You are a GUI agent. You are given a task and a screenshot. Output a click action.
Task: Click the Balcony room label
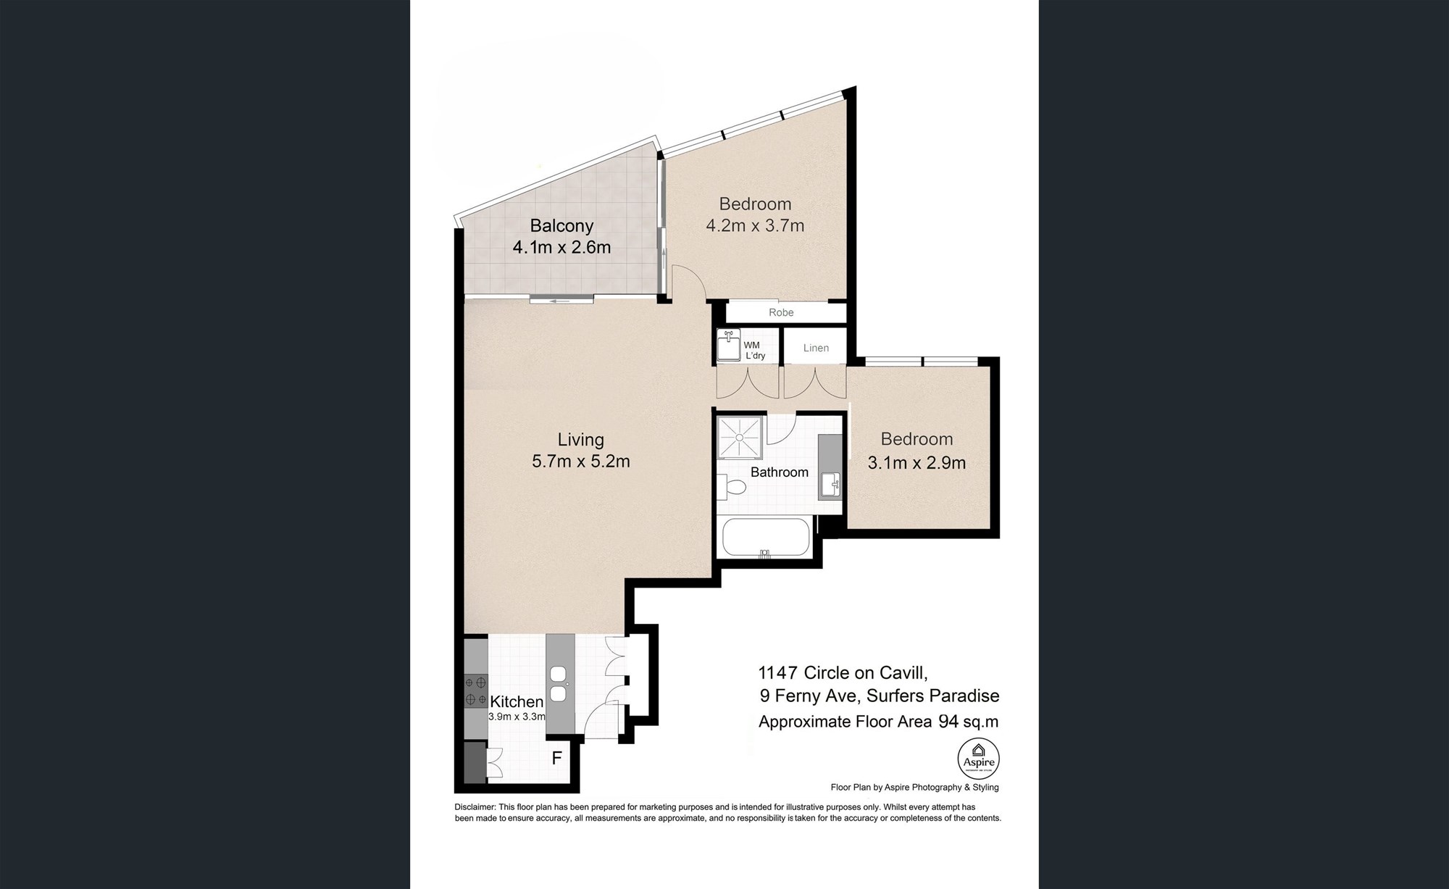(561, 225)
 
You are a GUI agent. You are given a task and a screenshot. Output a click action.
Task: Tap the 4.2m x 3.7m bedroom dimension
(755, 226)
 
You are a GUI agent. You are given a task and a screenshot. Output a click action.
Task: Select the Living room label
(580, 440)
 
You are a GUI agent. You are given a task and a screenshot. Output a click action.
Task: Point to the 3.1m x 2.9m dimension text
(916, 462)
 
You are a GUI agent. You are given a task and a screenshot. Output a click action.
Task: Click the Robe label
(781, 312)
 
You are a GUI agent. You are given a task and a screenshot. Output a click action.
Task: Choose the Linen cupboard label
(816, 348)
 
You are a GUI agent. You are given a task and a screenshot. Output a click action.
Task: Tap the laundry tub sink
(728, 346)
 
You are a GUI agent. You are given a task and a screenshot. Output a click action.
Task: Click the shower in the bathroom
(740, 438)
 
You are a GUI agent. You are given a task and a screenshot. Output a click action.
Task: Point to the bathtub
(766, 538)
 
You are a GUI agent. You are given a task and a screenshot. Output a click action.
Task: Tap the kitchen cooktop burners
(476, 690)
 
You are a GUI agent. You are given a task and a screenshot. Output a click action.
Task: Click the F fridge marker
(557, 759)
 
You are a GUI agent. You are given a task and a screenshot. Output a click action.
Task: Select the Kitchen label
(517, 701)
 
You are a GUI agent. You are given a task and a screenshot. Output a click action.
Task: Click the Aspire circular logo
(979, 759)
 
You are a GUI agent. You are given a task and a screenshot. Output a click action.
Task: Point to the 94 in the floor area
(948, 721)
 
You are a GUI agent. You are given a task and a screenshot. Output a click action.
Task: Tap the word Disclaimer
(475, 807)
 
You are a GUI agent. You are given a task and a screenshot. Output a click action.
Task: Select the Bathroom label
(780, 472)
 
